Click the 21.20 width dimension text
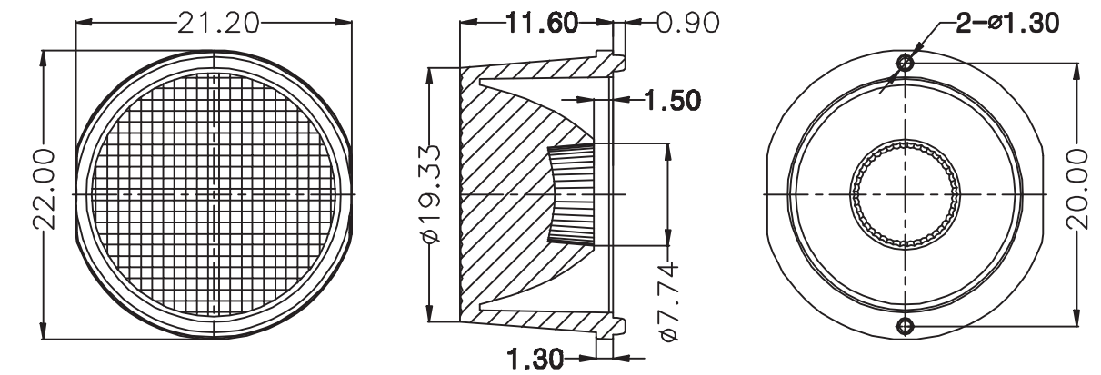point(217,23)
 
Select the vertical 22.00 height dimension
point(45,190)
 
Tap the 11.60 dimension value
point(542,23)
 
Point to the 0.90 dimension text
point(687,23)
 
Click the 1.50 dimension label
point(672,100)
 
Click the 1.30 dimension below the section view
point(535,359)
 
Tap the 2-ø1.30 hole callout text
point(1006,23)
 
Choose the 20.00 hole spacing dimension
point(1077,189)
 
